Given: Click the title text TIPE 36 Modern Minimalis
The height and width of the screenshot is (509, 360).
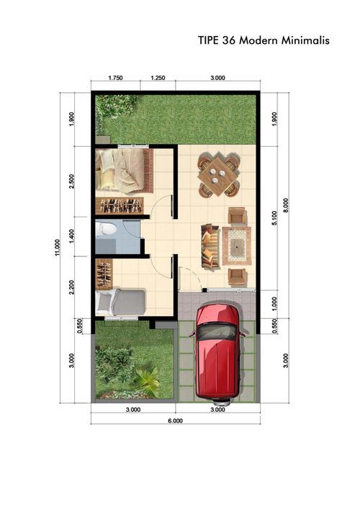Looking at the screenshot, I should tap(264, 41).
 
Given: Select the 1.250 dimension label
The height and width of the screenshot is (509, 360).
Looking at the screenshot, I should tap(158, 78).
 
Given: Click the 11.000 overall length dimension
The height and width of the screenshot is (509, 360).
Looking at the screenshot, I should tap(57, 246).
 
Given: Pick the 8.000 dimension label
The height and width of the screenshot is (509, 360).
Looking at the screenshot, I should tap(286, 205).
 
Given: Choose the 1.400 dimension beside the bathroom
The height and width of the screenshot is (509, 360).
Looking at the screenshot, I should tap(72, 235).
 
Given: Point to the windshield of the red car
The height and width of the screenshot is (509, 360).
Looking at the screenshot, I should tap(217, 332).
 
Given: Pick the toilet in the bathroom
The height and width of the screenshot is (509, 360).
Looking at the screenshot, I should tap(107, 230).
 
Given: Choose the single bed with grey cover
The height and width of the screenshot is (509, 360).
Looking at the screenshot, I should tap(121, 302).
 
